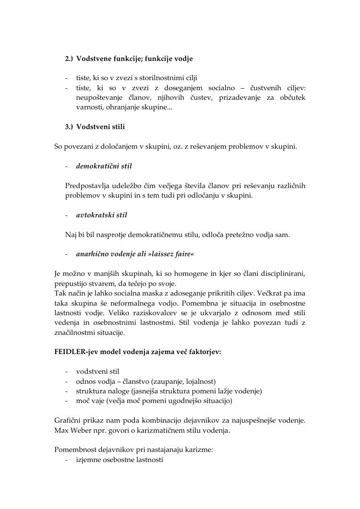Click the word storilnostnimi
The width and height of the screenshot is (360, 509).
pos(163,78)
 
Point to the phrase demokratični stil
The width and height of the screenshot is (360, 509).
pos(104,166)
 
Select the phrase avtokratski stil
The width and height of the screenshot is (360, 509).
pos(101,215)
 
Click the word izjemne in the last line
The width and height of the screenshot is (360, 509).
pos(89,460)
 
